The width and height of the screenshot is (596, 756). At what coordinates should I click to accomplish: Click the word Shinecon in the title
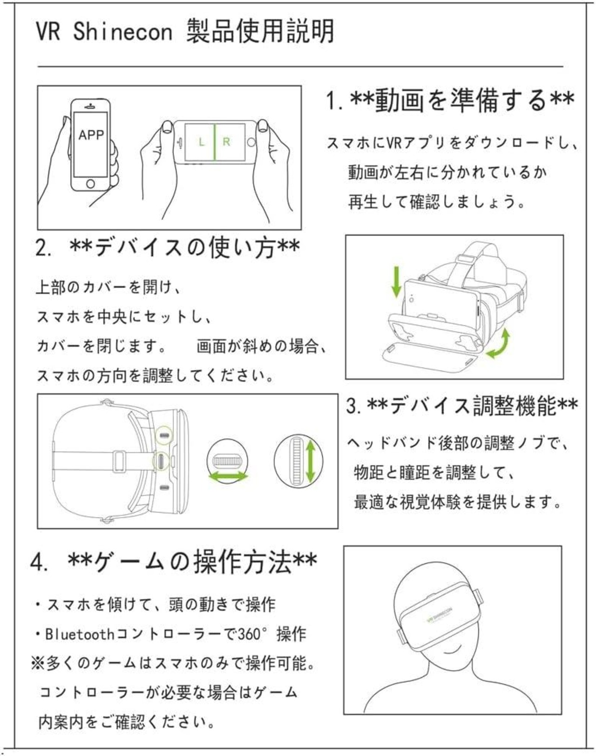(x=123, y=32)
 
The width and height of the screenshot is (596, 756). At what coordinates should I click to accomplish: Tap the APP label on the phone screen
(x=91, y=135)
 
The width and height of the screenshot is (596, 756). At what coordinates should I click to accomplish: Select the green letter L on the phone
(x=201, y=142)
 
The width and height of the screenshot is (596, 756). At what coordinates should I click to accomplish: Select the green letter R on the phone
(x=227, y=142)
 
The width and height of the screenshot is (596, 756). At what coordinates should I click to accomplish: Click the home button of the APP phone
(x=90, y=184)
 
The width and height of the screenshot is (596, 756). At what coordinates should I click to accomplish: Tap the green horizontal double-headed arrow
(x=227, y=476)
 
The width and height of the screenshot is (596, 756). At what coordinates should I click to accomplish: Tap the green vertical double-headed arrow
(x=311, y=461)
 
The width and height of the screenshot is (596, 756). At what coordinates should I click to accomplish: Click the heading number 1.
(x=332, y=101)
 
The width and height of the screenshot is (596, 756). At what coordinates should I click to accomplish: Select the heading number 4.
(x=38, y=562)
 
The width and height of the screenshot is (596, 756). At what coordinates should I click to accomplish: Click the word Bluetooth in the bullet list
(x=80, y=634)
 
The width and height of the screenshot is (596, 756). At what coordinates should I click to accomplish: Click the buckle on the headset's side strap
(x=117, y=461)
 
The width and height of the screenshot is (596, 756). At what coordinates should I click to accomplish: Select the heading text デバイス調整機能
(x=473, y=406)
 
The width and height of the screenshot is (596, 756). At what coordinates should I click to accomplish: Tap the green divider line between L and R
(x=214, y=142)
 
